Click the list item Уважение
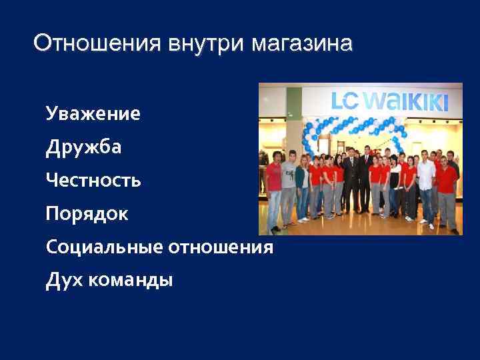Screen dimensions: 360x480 point(93,114)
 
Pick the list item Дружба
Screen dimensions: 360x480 point(83,147)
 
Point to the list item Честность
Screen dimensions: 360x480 point(93,180)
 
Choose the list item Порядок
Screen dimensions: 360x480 point(87,214)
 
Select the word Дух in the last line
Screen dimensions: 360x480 point(62,281)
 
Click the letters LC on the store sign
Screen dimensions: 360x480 point(347,101)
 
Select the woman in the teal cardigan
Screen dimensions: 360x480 point(302,183)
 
